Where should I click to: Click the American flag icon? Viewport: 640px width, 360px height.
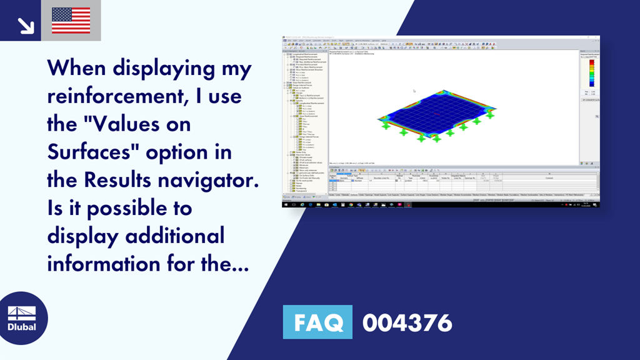(71, 21)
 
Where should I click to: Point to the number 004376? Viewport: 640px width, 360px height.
(407, 322)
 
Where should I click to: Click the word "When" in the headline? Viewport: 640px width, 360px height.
(81, 68)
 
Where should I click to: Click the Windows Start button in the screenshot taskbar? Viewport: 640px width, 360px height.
(286, 204)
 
